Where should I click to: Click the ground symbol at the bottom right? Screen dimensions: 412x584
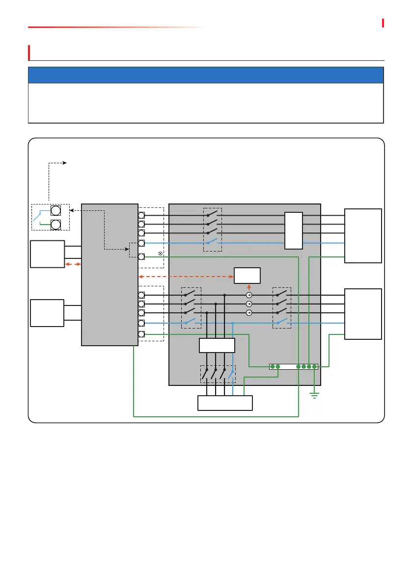(315, 395)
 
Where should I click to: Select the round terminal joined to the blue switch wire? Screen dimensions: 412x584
(55, 211)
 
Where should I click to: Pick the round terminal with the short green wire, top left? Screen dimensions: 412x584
(55, 225)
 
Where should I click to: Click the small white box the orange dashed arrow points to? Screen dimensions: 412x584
(247, 276)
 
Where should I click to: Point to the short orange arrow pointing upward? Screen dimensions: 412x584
(248, 287)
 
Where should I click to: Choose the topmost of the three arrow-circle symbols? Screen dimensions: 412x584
(249, 295)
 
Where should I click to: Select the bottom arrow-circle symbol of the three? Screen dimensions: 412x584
(249, 313)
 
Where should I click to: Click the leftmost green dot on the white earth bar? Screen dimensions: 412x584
(273, 367)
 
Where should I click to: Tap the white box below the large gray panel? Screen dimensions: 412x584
(225, 403)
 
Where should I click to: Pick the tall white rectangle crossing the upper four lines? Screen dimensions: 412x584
(294, 231)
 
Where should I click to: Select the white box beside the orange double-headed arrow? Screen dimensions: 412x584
(47, 254)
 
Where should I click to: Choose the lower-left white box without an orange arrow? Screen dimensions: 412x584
(47, 313)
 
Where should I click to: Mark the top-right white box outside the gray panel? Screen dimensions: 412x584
(363, 235)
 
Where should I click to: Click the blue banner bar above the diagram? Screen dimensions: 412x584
(206, 75)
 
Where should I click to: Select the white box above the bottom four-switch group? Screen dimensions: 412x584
(217, 345)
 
